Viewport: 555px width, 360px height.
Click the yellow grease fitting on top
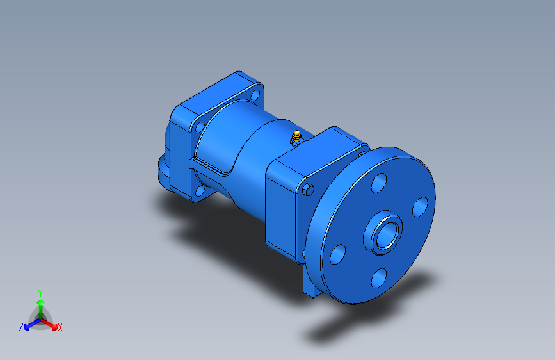click(296, 136)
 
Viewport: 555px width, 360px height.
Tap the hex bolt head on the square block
click(309, 190)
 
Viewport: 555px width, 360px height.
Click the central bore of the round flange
click(386, 234)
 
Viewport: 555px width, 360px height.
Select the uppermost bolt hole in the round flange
click(379, 183)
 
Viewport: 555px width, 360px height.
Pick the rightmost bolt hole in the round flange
click(420, 206)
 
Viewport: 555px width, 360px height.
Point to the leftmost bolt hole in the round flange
click(337, 254)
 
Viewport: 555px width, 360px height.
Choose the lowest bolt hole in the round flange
click(379, 278)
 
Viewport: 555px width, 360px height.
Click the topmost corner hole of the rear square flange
click(255, 95)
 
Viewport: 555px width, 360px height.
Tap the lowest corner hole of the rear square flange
click(200, 192)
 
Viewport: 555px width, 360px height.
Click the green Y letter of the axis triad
click(40, 293)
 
